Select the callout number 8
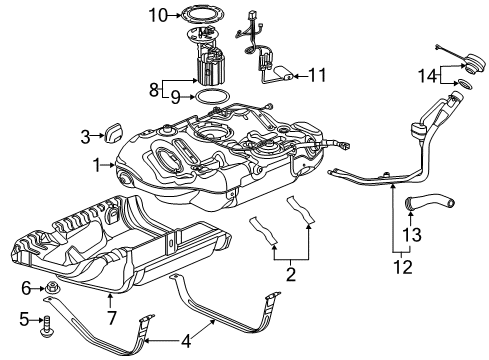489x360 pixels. click(152, 90)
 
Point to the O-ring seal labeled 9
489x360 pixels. click(207, 98)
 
